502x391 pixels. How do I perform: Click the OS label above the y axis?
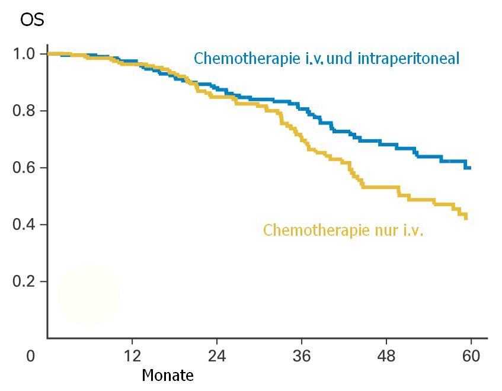32,20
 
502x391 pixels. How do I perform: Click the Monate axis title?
168,376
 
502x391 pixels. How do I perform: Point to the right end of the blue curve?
469,168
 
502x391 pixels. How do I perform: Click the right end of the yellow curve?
466,217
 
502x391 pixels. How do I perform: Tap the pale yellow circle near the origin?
89,294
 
